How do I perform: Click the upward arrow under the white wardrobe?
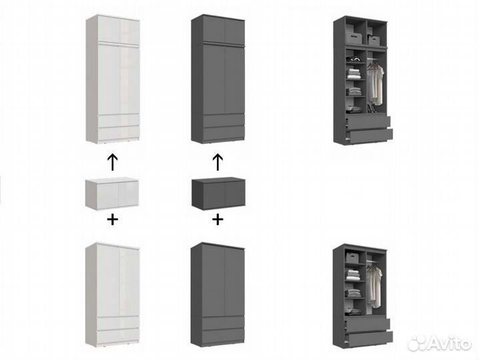113,162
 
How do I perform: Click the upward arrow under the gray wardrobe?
217,162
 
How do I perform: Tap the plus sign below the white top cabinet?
113,219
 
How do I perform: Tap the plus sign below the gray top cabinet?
217,219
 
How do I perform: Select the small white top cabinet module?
112,194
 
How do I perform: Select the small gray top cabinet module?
218,193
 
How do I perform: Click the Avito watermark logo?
439,343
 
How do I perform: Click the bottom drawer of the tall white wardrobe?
118,133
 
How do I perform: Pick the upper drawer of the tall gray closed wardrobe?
223,120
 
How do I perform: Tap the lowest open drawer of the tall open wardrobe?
370,135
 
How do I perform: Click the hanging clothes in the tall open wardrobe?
375,83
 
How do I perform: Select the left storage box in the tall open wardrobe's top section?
354,37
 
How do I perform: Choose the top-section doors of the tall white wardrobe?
119,30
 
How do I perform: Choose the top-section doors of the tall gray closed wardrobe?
224,31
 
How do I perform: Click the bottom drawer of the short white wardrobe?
118,337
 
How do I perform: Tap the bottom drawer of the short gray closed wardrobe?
223,337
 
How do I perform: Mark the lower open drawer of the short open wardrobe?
370,338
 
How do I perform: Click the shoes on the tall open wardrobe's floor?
372,109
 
